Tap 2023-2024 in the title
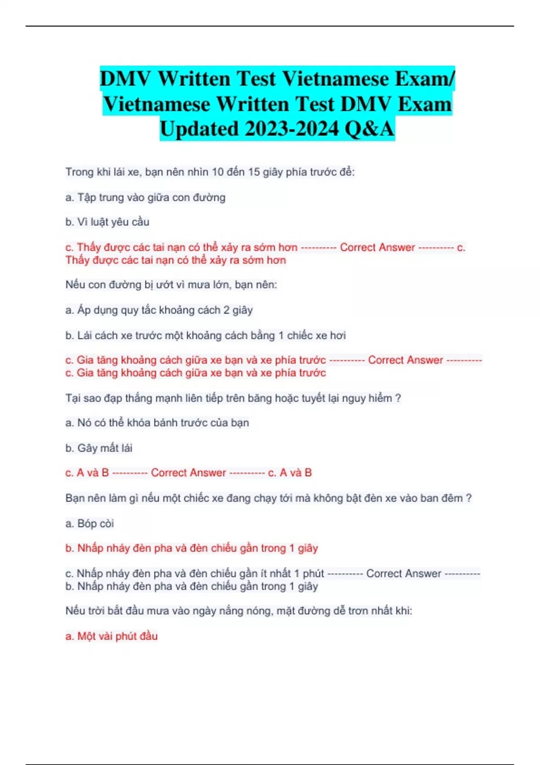point(292,129)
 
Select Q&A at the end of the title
point(369,129)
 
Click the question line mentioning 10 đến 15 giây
point(210,172)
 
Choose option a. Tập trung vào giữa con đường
point(145,197)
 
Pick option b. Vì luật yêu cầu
point(107,222)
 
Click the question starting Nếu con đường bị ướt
point(171,284)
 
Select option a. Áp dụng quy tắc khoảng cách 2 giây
point(159,310)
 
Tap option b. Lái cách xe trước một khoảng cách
point(205,335)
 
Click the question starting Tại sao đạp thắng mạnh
point(233,398)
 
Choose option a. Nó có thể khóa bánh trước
point(157,423)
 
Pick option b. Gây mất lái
point(99,448)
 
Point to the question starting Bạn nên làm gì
point(268,498)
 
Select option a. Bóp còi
point(90,523)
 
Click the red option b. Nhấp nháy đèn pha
point(191,548)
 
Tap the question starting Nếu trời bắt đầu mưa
point(238,611)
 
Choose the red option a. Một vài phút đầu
point(111,636)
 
